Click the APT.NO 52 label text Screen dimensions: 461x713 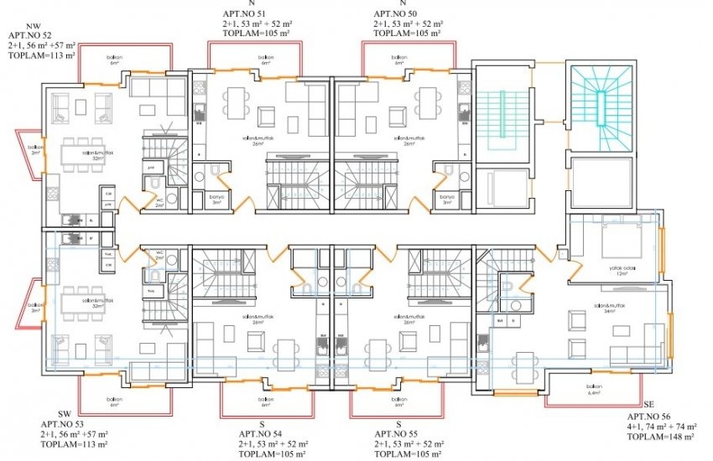pyautogui.click(x=28, y=36)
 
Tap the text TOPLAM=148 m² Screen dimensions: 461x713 pyautogui.click(x=661, y=437)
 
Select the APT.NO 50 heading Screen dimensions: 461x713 pyautogui.click(x=395, y=14)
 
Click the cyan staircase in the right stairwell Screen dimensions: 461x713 pyautogui.click(x=601, y=104)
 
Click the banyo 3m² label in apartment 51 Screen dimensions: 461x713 pyautogui.click(x=216, y=199)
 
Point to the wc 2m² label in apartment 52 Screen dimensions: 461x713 pyautogui.click(x=159, y=201)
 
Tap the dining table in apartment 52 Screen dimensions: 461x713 pyautogui.click(x=82, y=154)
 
